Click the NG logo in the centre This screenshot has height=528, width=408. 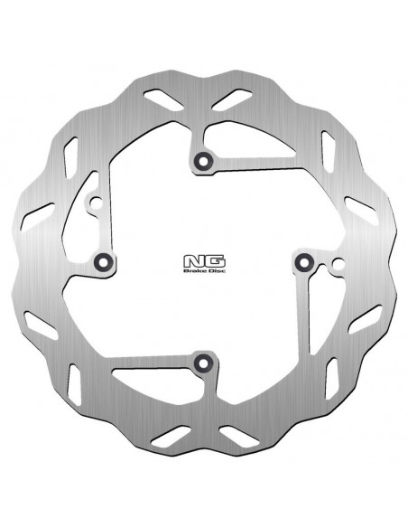pos(204,261)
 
